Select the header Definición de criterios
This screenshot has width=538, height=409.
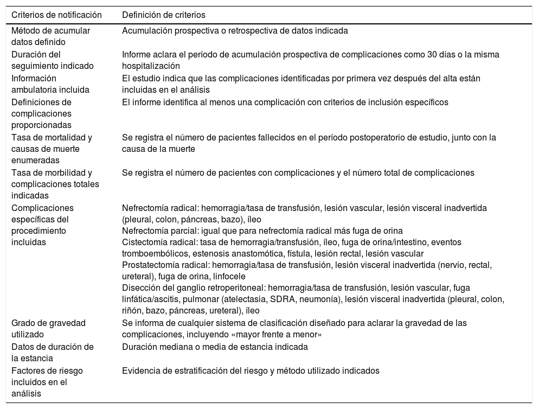coord(163,15)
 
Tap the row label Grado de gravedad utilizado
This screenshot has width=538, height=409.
coord(48,328)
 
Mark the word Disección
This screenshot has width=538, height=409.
coord(139,288)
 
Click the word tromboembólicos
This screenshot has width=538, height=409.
coord(153,253)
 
